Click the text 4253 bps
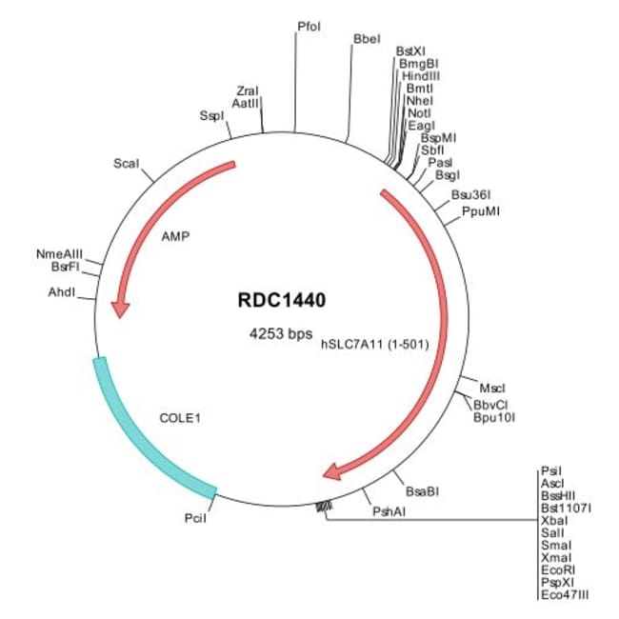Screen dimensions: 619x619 pos(280,334)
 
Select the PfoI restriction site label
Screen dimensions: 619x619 pos(309,27)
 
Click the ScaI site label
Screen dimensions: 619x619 pos(126,164)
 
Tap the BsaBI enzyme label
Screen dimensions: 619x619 pos(421,490)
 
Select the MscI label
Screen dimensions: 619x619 pos(492,389)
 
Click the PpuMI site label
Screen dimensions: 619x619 pos(480,210)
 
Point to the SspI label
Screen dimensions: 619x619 pos(212,116)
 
